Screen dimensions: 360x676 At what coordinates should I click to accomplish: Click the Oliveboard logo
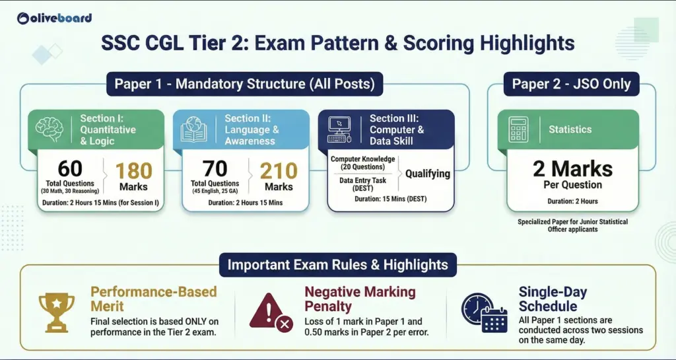[55, 18]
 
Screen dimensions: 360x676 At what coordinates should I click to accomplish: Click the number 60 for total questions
[69, 169]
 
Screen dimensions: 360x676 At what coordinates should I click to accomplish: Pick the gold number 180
[133, 170]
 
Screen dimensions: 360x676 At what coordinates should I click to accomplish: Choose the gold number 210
[279, 170]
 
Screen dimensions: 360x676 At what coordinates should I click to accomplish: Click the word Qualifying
[427, 174]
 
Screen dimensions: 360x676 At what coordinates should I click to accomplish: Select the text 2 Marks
[572, 169]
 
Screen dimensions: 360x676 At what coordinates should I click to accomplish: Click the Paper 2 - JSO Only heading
[571, 85]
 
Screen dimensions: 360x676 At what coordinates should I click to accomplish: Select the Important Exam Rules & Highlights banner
[337, 266]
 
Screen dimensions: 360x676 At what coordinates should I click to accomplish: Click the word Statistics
[571, 129]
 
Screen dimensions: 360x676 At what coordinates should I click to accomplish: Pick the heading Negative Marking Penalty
[360, 299]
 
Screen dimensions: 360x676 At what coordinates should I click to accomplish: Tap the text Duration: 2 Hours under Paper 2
[572, 201]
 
